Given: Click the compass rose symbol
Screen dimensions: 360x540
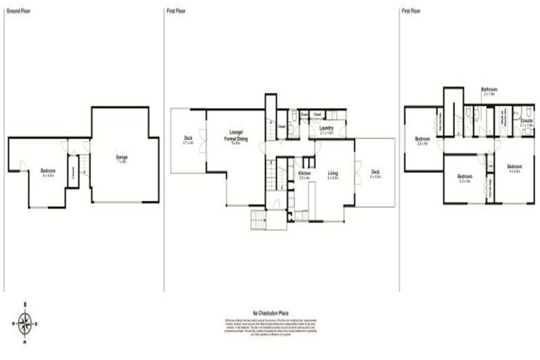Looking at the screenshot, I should coord(25,323).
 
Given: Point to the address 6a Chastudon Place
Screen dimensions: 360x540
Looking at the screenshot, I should coord(271,312).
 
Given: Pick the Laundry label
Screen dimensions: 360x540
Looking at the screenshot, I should coord(326,129).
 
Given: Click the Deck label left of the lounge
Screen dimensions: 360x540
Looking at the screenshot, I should coord(188,139).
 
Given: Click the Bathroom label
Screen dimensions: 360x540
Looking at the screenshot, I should coord(489,90).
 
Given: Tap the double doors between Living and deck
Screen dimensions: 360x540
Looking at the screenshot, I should coord(356,173).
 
